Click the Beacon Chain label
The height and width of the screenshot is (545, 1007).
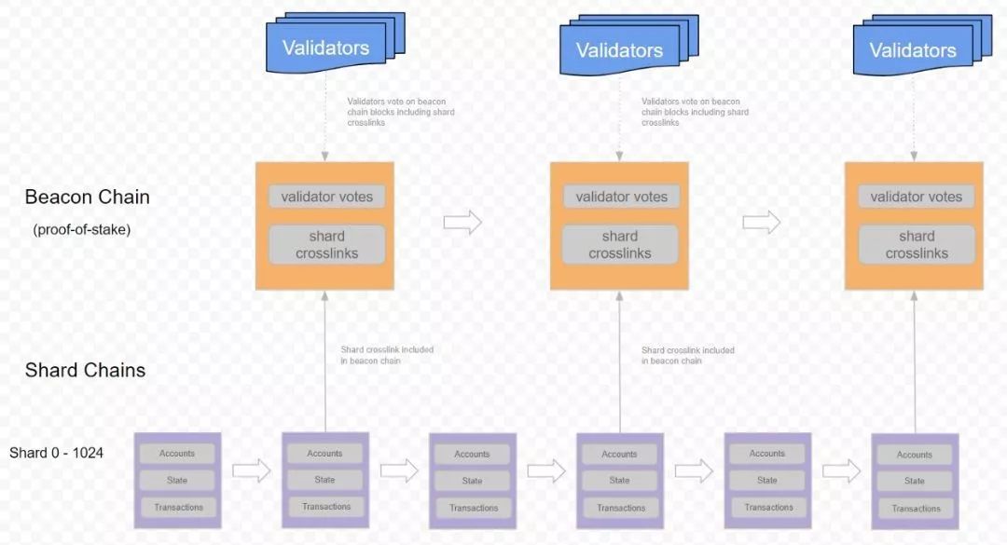88,198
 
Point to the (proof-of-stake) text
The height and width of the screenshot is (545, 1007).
81,229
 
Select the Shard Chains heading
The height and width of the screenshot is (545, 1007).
85,370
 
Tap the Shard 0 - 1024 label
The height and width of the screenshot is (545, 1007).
57,453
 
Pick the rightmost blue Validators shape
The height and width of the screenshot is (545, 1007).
922,44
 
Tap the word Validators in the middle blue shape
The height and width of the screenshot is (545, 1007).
619,50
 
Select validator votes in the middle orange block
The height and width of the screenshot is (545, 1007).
621,197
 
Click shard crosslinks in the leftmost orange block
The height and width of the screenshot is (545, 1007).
327,244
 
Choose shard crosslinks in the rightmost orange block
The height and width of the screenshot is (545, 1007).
917,244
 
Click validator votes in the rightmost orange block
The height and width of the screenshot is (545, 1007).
916,197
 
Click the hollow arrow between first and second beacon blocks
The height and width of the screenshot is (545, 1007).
462,222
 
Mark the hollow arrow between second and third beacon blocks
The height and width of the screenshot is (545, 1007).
762,222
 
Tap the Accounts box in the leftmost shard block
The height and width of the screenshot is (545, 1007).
177,453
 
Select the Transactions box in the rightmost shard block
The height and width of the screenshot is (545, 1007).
916,509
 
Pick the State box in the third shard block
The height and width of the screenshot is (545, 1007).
472,480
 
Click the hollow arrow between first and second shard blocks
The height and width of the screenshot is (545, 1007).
251,470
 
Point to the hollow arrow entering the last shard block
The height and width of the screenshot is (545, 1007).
841,470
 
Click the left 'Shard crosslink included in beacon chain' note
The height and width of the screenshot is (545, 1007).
387,355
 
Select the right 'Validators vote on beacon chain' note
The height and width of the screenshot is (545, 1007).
695,112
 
